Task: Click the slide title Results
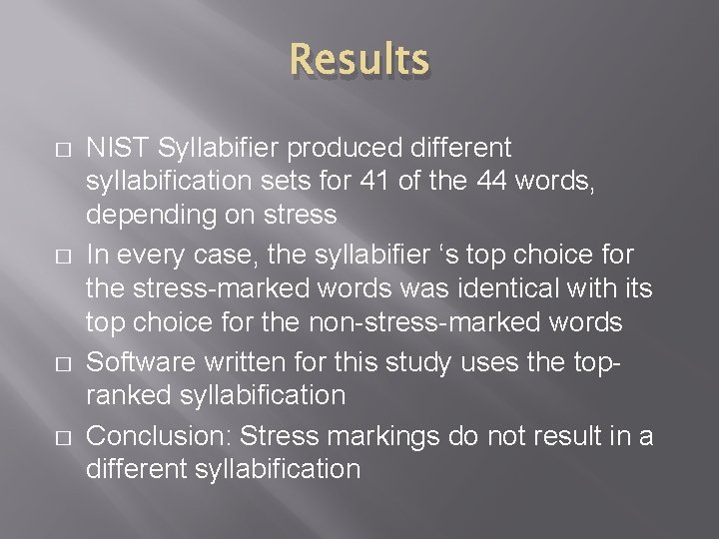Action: click(359, 60)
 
